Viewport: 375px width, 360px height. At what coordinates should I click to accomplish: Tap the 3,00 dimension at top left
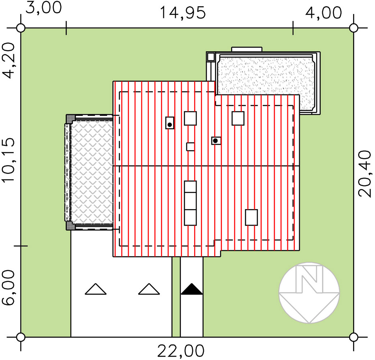[43, 8]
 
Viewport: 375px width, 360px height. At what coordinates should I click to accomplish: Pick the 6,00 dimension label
[9, 288]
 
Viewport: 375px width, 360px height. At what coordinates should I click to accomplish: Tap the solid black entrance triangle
[192, 289]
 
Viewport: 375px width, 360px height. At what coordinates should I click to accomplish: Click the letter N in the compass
[309, 279]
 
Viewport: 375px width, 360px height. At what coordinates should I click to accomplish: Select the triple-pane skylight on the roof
[190, 203]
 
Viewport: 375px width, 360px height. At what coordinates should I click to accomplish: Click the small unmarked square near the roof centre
[190, 147]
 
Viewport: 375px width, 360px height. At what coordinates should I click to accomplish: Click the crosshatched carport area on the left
[92, 172]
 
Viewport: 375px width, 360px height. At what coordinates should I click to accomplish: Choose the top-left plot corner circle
[21, 28]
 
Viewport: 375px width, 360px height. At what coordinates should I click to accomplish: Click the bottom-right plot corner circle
[353, 337]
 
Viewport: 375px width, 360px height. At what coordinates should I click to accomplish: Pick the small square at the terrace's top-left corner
[211, 57]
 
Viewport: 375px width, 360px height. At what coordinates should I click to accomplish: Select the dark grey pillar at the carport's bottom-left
[70, 226]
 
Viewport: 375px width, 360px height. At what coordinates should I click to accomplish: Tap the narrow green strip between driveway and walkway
[176, 297]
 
